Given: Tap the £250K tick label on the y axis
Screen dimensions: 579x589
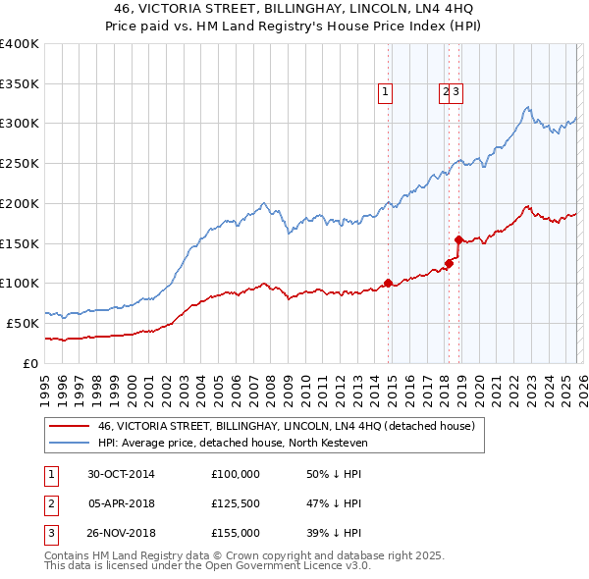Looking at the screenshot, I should pyautogui.click(x=20, y=163).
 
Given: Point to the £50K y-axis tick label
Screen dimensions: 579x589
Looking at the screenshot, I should pyautogui.click(x=23, y=323).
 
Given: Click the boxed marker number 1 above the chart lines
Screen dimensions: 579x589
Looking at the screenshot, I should pyautogui.click(x=385, y=93).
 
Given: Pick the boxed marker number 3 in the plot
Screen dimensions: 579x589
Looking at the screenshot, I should pyautogui.click(x=457, y=93).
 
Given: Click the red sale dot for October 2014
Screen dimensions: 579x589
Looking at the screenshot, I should pyautogui.click(x=388, y=283).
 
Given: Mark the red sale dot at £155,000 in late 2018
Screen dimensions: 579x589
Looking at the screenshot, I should pyautogui.click(x=458, y=238).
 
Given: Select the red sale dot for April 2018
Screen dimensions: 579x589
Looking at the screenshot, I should pyautogui.click(x=448, y=262).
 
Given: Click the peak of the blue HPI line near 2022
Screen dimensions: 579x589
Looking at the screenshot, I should pyautogui.click(x=528, y=107).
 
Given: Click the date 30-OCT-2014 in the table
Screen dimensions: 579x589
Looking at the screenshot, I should pyautogui.click(x=122, y=473).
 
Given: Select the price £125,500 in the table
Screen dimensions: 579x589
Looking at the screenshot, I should pyautogui.click(x=236, y=503).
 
